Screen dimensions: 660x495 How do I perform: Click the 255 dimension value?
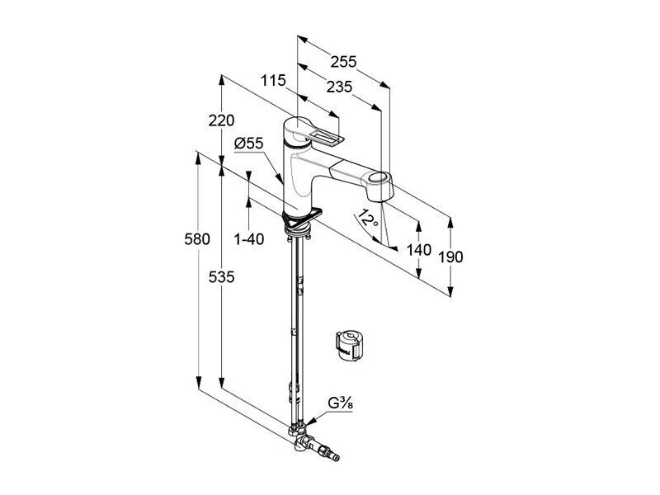click(343, 62)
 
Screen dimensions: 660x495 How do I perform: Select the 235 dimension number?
click(339, 87)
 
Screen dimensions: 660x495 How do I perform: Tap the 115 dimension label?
click(273, 80)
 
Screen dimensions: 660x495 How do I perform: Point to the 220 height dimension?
click(221, 120)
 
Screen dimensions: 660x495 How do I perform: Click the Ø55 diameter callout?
click(249, 144)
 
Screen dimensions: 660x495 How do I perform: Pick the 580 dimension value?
click(197, 239)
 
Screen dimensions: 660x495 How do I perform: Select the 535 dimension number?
click(221, 277)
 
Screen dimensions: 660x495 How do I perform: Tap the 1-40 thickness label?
click(249, 239)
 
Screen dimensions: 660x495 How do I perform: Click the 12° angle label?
click(367, 219)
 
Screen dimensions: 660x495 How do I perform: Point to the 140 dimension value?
click(419, 250)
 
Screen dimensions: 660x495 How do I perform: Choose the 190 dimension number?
click(450, 257)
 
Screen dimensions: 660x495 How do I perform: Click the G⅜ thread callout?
click(341, 403)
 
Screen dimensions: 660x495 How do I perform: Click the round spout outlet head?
click(379, 184)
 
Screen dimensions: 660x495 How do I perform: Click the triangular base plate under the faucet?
click(302, 218)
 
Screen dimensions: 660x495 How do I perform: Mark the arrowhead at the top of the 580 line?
click(198, 158)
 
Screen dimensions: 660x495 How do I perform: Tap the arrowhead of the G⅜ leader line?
click(309, 422)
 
